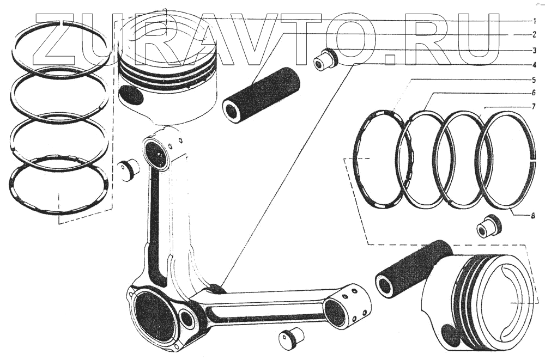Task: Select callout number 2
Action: pos(535,35)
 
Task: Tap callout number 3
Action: pos(535,50)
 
